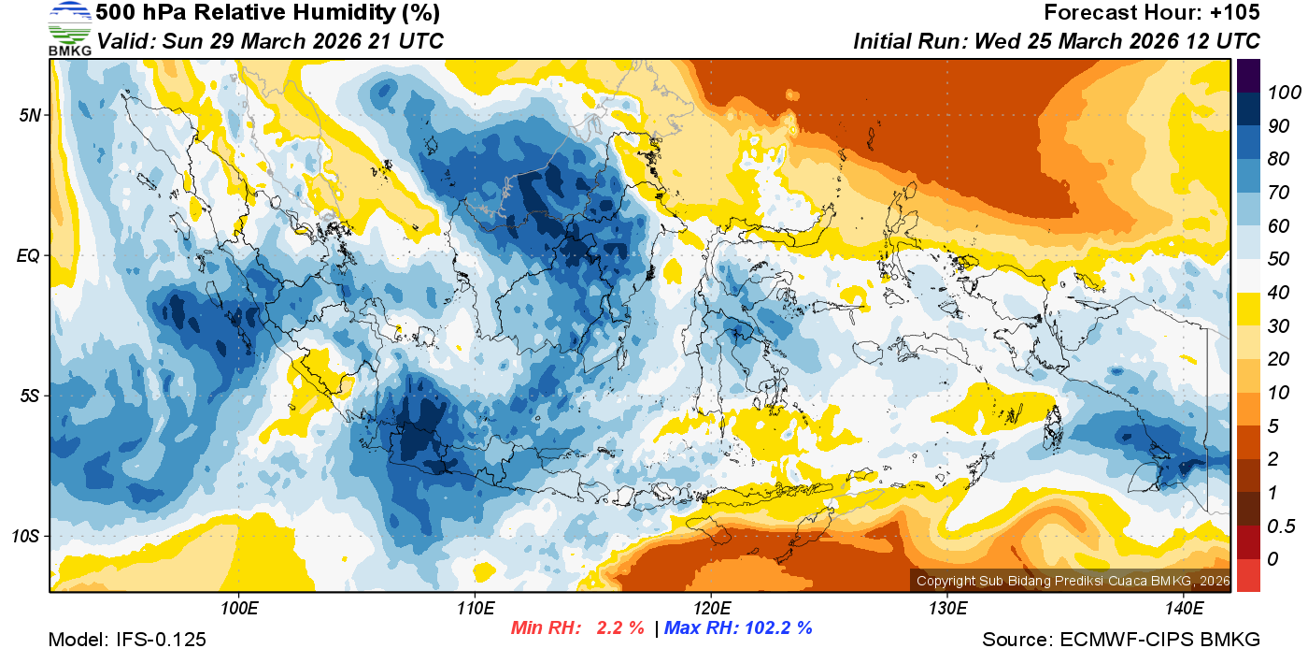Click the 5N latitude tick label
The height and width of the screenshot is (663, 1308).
click(30, 115)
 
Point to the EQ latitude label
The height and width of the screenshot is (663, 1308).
click(29, 255)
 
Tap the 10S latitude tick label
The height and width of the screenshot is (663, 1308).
click(26, 536)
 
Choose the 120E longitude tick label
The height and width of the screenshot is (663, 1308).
click(711, 609)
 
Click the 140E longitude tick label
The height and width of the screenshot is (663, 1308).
click(1184, 609)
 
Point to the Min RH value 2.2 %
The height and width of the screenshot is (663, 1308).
click(620, 628)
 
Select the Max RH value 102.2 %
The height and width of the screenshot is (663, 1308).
click(776, 628)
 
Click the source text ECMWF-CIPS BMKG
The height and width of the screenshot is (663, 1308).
click(1159, 640)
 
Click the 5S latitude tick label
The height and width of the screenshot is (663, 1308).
click(30, 396)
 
